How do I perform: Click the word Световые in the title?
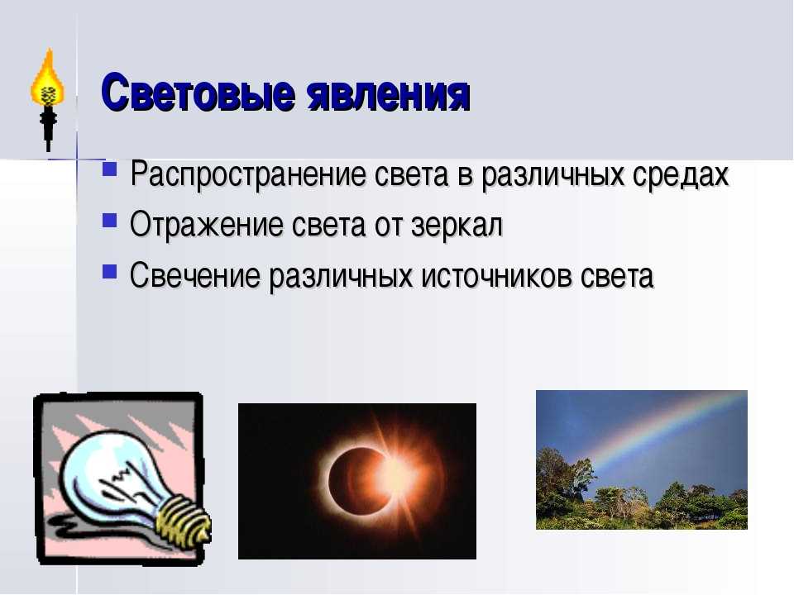click(198, 93)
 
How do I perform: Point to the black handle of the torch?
click(48, 129)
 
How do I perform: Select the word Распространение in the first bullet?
click(248, 175)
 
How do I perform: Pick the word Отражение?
click(206, 225)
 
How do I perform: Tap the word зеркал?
click(457, 226)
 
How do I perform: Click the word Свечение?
click(194, 276)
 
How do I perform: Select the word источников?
click(497, 276)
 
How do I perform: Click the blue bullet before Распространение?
click(109, 169)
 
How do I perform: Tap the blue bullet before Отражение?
click(109, 220)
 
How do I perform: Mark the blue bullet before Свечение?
click(109, 271)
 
